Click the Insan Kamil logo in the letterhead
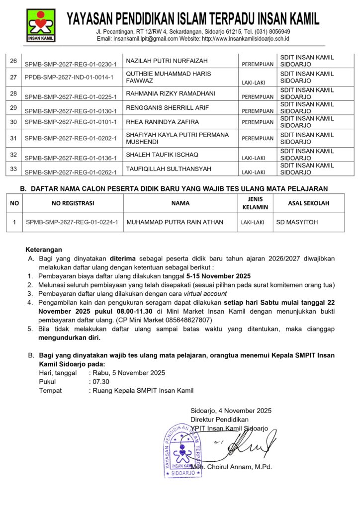coord(42,25)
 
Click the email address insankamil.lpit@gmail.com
coord(145,38)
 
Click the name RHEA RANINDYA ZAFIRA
coord(163,122)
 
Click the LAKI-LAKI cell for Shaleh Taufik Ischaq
coord(253,158)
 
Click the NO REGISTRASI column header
coord(73,203)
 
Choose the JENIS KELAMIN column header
coord(257,203)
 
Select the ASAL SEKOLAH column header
coord(308,203)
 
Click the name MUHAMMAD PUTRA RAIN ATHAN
coord(175,222)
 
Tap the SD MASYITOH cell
coord(296,222)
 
